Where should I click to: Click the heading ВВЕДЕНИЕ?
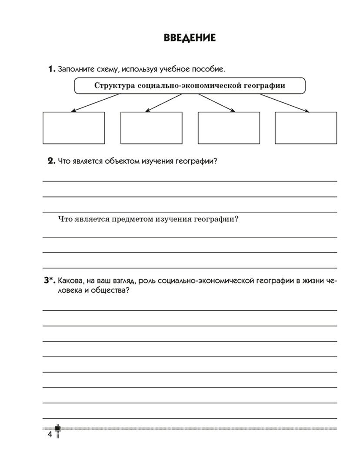point(189,38)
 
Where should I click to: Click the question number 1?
point(51,69)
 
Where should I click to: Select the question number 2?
point(51,161)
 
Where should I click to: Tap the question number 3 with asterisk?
point(50,281)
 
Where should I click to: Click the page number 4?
point(50,435)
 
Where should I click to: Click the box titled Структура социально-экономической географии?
point(190,86)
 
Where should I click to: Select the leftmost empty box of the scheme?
point(73,128)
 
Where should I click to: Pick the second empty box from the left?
point(151,128)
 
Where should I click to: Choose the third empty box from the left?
point(229,128)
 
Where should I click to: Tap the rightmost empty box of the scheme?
point(306,128)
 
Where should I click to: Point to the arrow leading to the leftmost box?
point(96,103)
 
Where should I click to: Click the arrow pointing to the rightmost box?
point(284,103)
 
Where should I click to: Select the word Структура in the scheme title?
point(114,86)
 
